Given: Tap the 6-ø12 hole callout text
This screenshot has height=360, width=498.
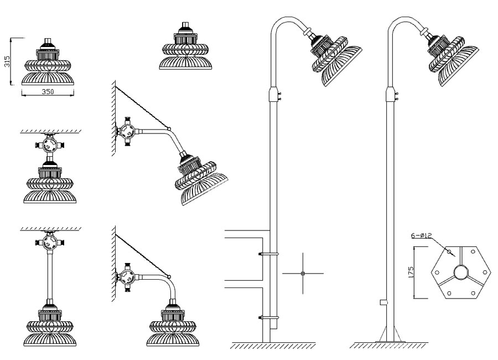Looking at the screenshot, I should click(x=422, y=235).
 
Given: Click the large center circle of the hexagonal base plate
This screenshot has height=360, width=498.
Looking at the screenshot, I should click(x=460, y=272).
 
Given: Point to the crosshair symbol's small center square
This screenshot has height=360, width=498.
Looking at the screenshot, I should click(x=303, y=274).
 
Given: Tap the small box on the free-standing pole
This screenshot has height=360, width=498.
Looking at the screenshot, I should click(x=383, y=302).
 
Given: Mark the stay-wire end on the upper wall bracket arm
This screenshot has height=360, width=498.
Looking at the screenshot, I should click(x=169, y=129).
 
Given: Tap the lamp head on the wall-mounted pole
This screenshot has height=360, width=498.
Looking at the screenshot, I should click(x=334, y=58).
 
